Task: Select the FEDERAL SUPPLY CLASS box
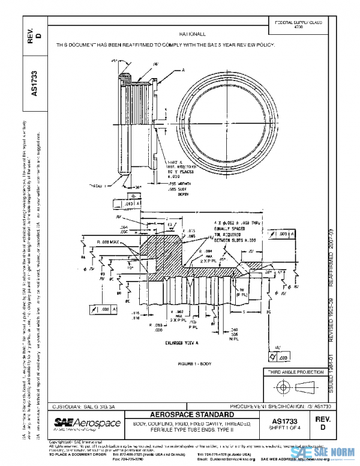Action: point(298,25)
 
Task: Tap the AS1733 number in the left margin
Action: point(34,84)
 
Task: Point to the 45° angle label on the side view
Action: point(113,61)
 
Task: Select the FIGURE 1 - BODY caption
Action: point(196,364)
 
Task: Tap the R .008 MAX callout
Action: point(108,239)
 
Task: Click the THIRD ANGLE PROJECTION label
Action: point(296,373)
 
